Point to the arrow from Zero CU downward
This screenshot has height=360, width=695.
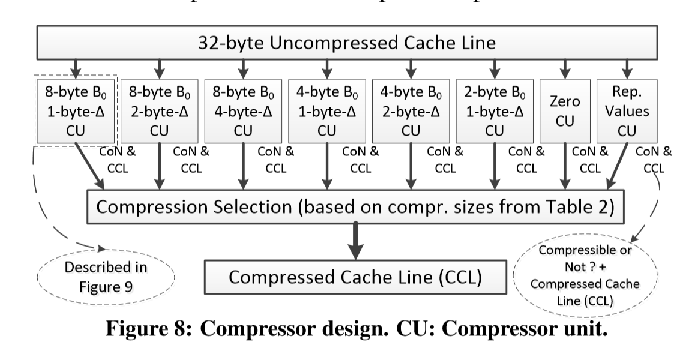click(564, 167)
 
